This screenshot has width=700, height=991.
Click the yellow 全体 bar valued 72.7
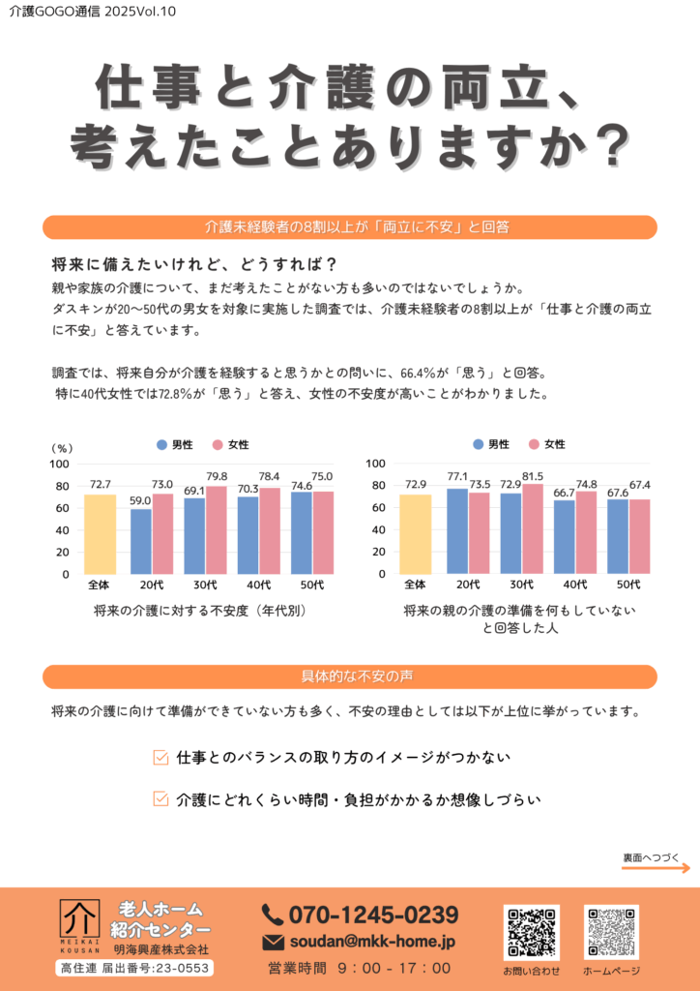pos(100,534)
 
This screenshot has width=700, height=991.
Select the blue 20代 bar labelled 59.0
pos(141,541)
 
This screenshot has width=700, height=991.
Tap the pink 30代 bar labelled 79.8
pos(217,530)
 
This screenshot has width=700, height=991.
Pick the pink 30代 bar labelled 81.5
pos(533,529)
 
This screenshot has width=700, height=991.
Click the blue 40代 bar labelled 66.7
pos(565,537)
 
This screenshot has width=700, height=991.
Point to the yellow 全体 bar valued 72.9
pos(415,534)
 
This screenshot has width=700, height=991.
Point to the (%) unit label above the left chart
pos(61,448)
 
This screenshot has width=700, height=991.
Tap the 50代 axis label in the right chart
pos(628,585)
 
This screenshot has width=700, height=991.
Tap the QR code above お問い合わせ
pos(532,932)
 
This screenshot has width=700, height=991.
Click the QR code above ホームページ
pos(611,932)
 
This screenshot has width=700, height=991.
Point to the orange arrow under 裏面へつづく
pos(656,868)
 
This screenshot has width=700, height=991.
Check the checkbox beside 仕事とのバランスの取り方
pos(161,757)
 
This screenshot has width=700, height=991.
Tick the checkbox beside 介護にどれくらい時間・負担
pos(161,799)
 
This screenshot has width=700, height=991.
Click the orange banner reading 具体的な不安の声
pos(350,676)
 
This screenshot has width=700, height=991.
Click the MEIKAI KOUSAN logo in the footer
pos(79,923)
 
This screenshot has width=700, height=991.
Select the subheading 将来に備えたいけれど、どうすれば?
pos(194,265)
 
